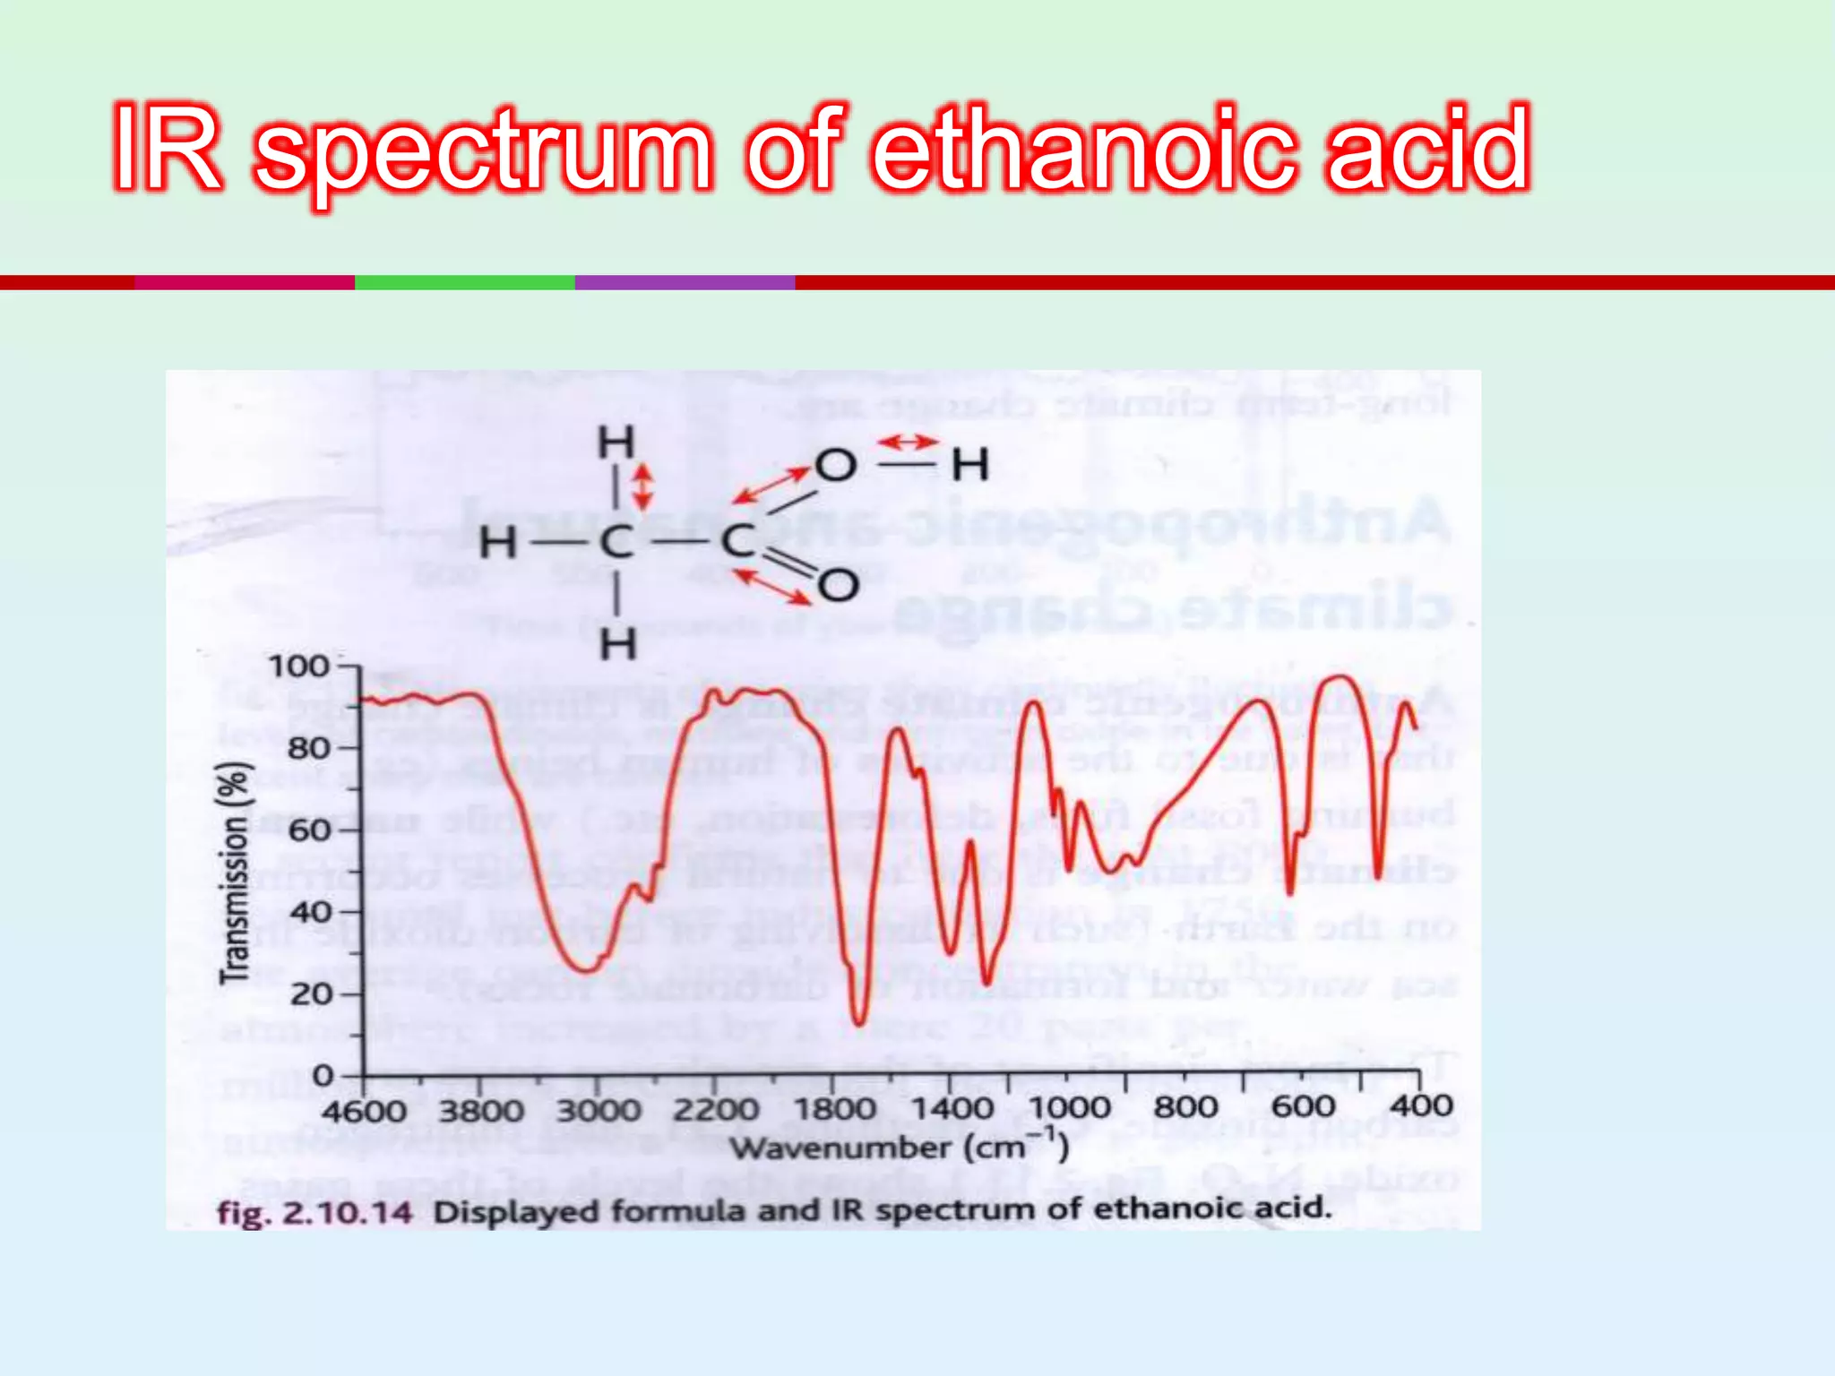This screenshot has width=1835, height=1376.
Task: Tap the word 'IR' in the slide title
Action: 168,149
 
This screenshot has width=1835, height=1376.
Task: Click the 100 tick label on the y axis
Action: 299,666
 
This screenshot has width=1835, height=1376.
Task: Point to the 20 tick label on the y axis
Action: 311,993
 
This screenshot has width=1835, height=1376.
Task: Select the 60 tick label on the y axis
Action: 311,830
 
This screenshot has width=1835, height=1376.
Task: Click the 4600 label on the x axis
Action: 364,1111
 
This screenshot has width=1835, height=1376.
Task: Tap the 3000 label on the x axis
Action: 599,1111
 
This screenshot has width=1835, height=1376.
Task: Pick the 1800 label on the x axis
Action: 834,1109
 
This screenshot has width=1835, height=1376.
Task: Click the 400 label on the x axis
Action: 1420,1105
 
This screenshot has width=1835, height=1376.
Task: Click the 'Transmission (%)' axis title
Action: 235,873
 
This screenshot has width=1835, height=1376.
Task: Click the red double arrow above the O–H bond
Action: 907,443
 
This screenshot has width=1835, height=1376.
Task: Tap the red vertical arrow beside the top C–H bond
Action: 642,487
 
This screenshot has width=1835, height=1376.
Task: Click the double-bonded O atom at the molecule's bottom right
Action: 838,586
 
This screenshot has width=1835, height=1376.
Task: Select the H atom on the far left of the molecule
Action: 498,543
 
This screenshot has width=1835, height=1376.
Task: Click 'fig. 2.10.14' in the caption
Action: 314,1213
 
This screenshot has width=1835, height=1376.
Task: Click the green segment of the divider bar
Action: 464,282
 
